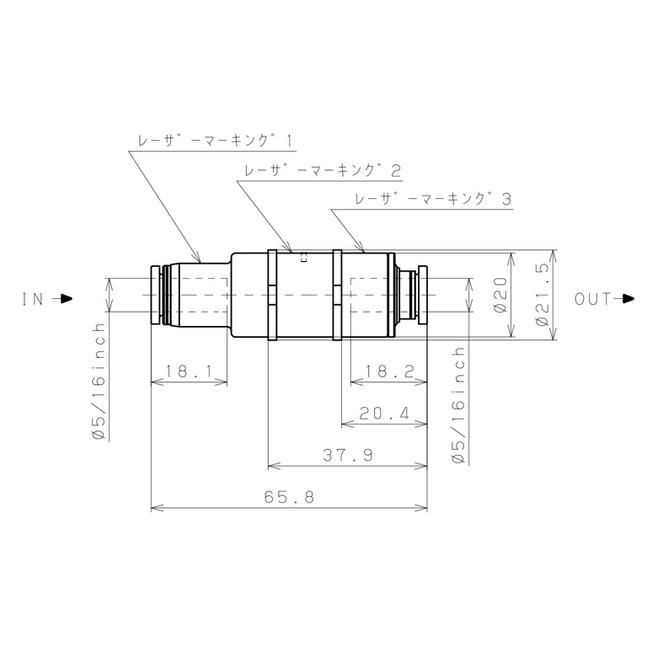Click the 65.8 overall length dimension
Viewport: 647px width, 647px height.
(289, 497)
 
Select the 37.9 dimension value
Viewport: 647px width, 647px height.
(348, 455)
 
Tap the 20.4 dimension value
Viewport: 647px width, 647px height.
(384, 413)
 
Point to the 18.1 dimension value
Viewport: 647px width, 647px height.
(189, 371)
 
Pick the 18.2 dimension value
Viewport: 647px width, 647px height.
(389, 371)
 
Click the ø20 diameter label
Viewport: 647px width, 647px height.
(500, 295)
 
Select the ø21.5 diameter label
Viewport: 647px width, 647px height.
(543, 295)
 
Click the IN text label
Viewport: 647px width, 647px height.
(33, 299)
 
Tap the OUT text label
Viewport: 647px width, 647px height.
(592, 299)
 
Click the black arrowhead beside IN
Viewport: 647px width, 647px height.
(66, 299)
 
